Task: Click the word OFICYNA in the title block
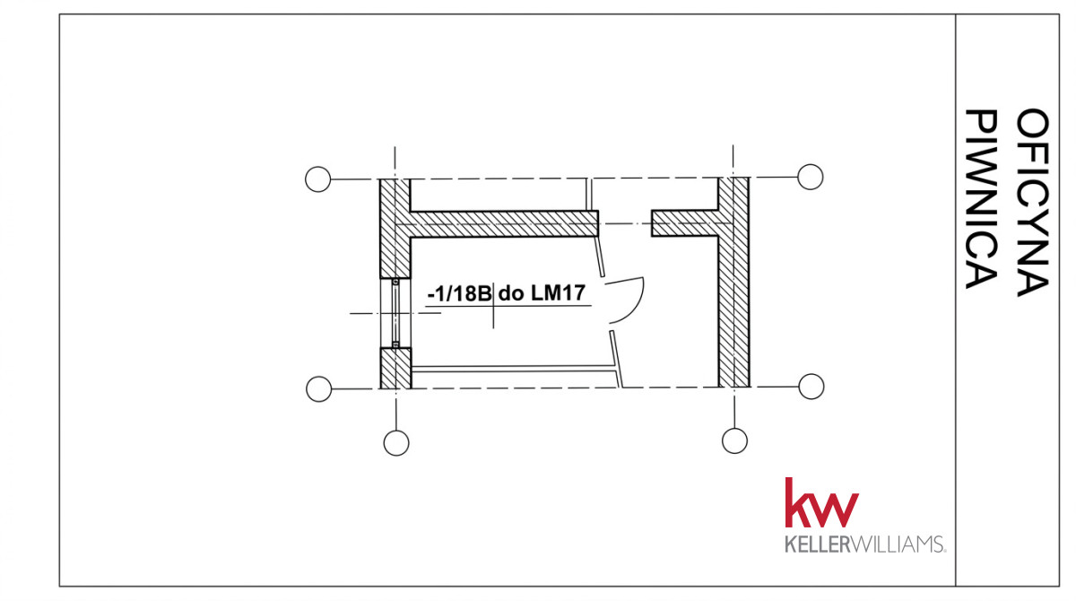(1032, 202)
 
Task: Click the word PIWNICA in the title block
(981, 199)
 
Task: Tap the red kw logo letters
(821, 502)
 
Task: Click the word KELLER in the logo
(818, 544)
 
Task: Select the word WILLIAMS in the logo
(898, 544)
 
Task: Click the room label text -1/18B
(460, 293)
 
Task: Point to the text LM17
(558, 292)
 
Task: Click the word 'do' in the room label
(510, 293)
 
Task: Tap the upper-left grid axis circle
(318, 179)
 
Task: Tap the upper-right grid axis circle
(811, 177)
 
